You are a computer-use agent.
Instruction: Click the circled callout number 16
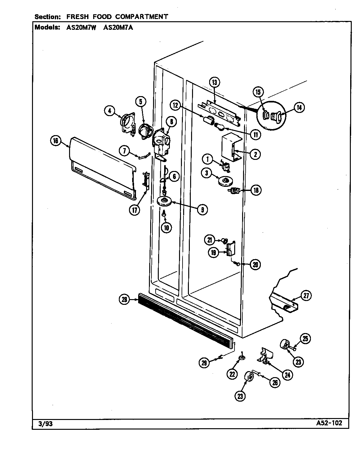(56, 141)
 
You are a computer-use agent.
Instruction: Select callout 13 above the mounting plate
(214, 82)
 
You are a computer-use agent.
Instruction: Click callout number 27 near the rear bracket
(306, 296)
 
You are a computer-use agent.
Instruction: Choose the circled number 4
(109, 111)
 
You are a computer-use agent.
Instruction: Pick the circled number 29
(204, 363)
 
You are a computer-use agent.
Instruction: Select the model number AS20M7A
(118, 27)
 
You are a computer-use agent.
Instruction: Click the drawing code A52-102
(329, 423)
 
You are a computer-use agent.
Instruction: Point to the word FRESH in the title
(77, 16)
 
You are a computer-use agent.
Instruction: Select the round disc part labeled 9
(165, 201)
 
